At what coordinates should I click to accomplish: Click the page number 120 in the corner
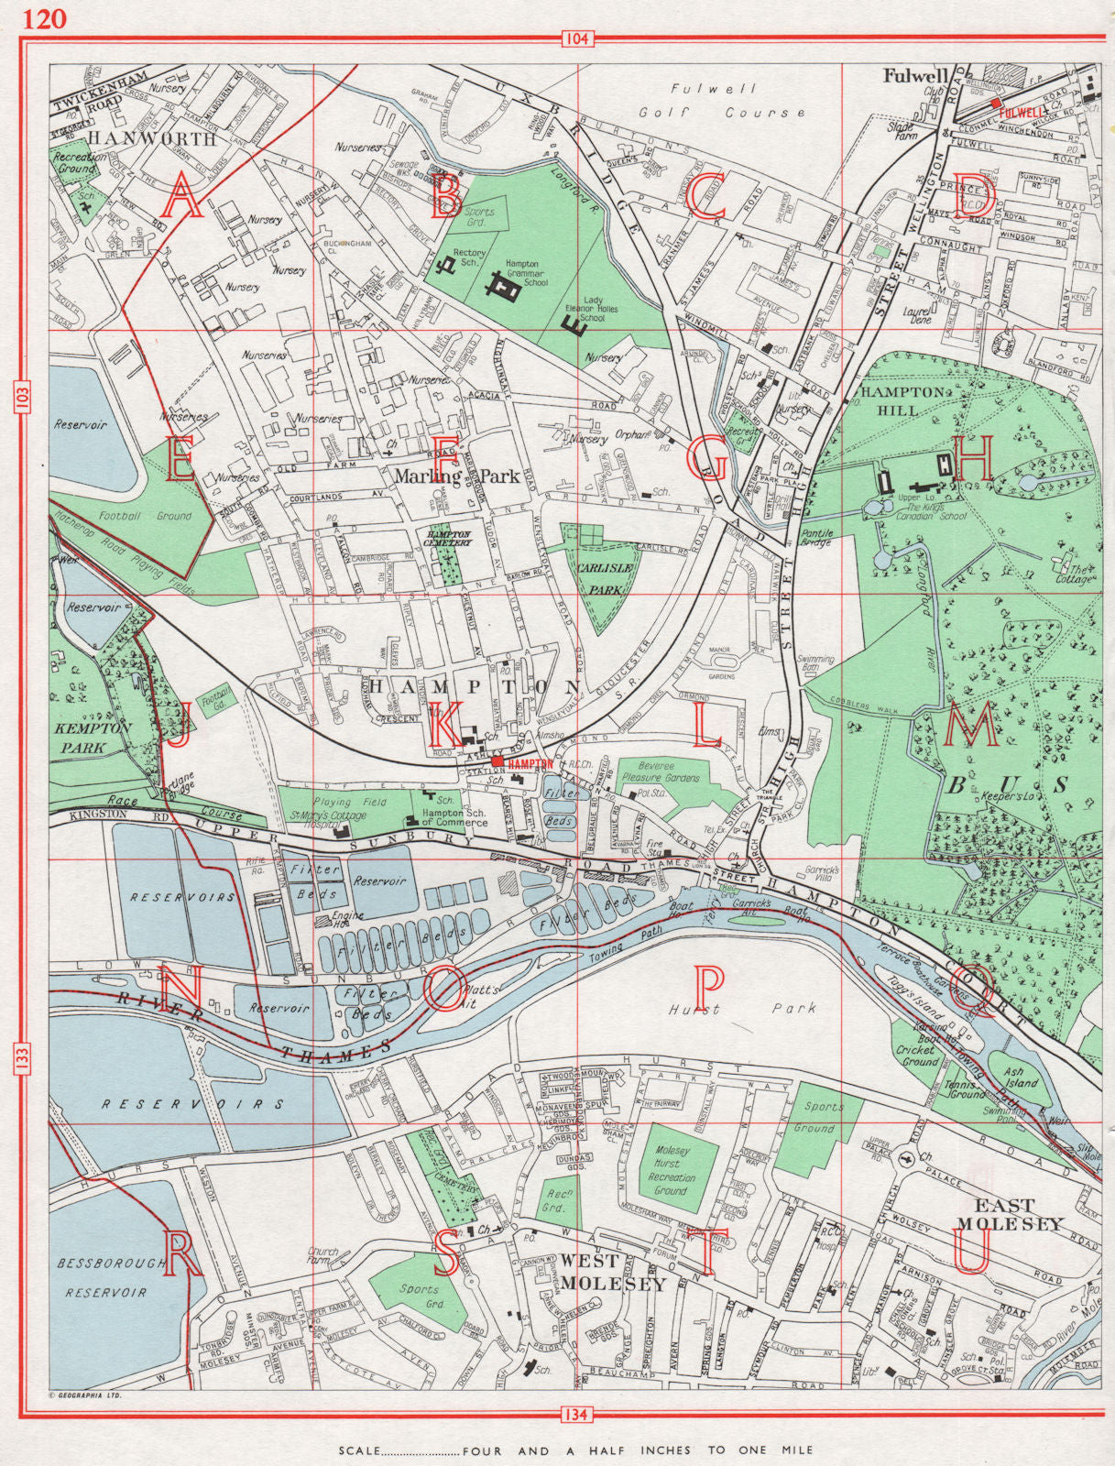click(x=46, y=18)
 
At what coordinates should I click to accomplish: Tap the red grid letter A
click(x=180, y=198)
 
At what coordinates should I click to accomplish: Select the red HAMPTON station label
click(x=530, y=762)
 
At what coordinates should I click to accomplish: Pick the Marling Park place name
click(x=457, y=476)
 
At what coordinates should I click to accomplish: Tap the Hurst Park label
click(x=742, y=1009)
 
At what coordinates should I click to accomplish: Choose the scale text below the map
click(x=575, y=1450)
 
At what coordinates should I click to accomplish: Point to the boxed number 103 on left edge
click(x=23, y=397)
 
